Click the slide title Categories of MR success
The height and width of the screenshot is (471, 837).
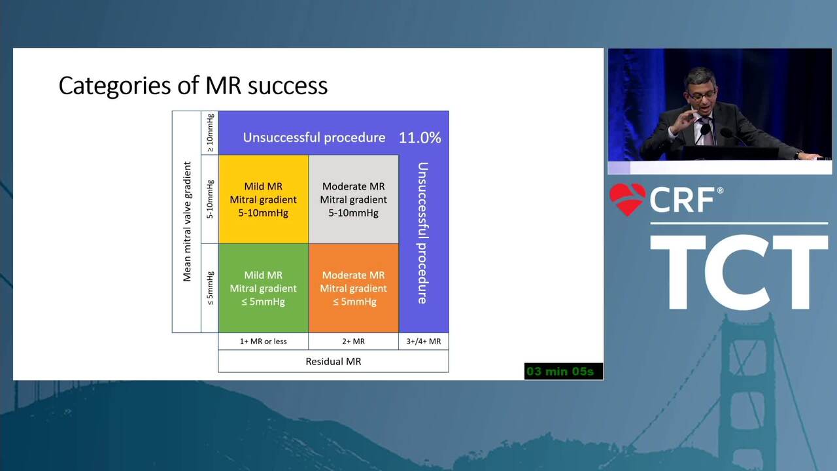193,86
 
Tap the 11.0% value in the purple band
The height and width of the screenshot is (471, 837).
420,138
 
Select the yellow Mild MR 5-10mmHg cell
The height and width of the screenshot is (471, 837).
264,200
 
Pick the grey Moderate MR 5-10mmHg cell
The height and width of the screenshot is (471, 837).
354,200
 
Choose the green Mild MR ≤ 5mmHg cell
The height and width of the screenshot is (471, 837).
264,288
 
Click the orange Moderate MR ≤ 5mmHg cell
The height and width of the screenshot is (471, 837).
354,288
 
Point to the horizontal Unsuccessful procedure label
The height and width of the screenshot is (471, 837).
315,137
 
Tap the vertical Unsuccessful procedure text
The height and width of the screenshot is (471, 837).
422,233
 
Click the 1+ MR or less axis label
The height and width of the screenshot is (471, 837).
264,341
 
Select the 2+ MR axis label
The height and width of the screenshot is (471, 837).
354,341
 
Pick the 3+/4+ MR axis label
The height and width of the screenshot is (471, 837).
424,341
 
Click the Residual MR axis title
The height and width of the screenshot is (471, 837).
333,362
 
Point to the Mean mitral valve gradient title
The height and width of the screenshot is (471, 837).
187,221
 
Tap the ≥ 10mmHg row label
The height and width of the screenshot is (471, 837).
210,133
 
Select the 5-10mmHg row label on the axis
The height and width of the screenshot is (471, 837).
210,200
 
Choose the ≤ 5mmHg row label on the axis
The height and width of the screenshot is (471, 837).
210,288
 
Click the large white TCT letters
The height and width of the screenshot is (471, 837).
739,272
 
